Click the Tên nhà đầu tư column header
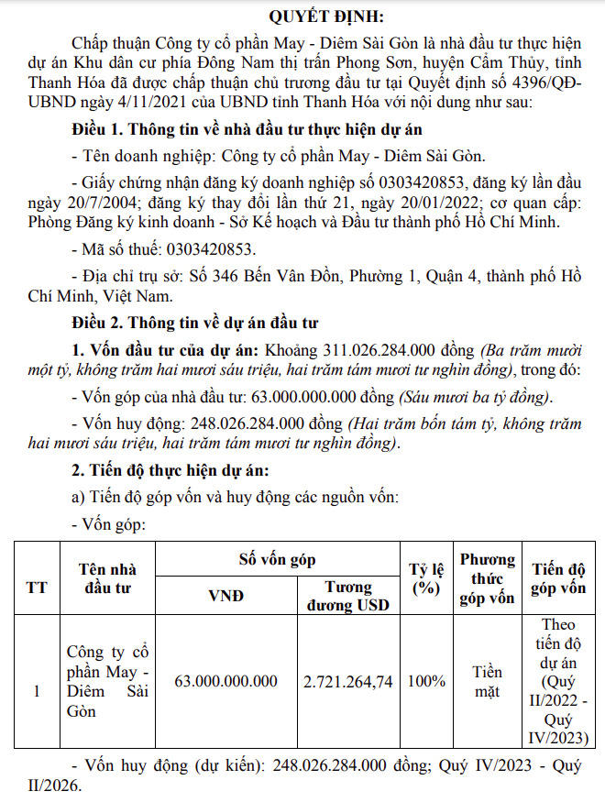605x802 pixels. click(x=109, y=577)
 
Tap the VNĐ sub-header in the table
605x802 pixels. click(x=226, y=596)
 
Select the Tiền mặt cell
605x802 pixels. click(x=487, y=681)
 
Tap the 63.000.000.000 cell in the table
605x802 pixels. click(x=226, y=681)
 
